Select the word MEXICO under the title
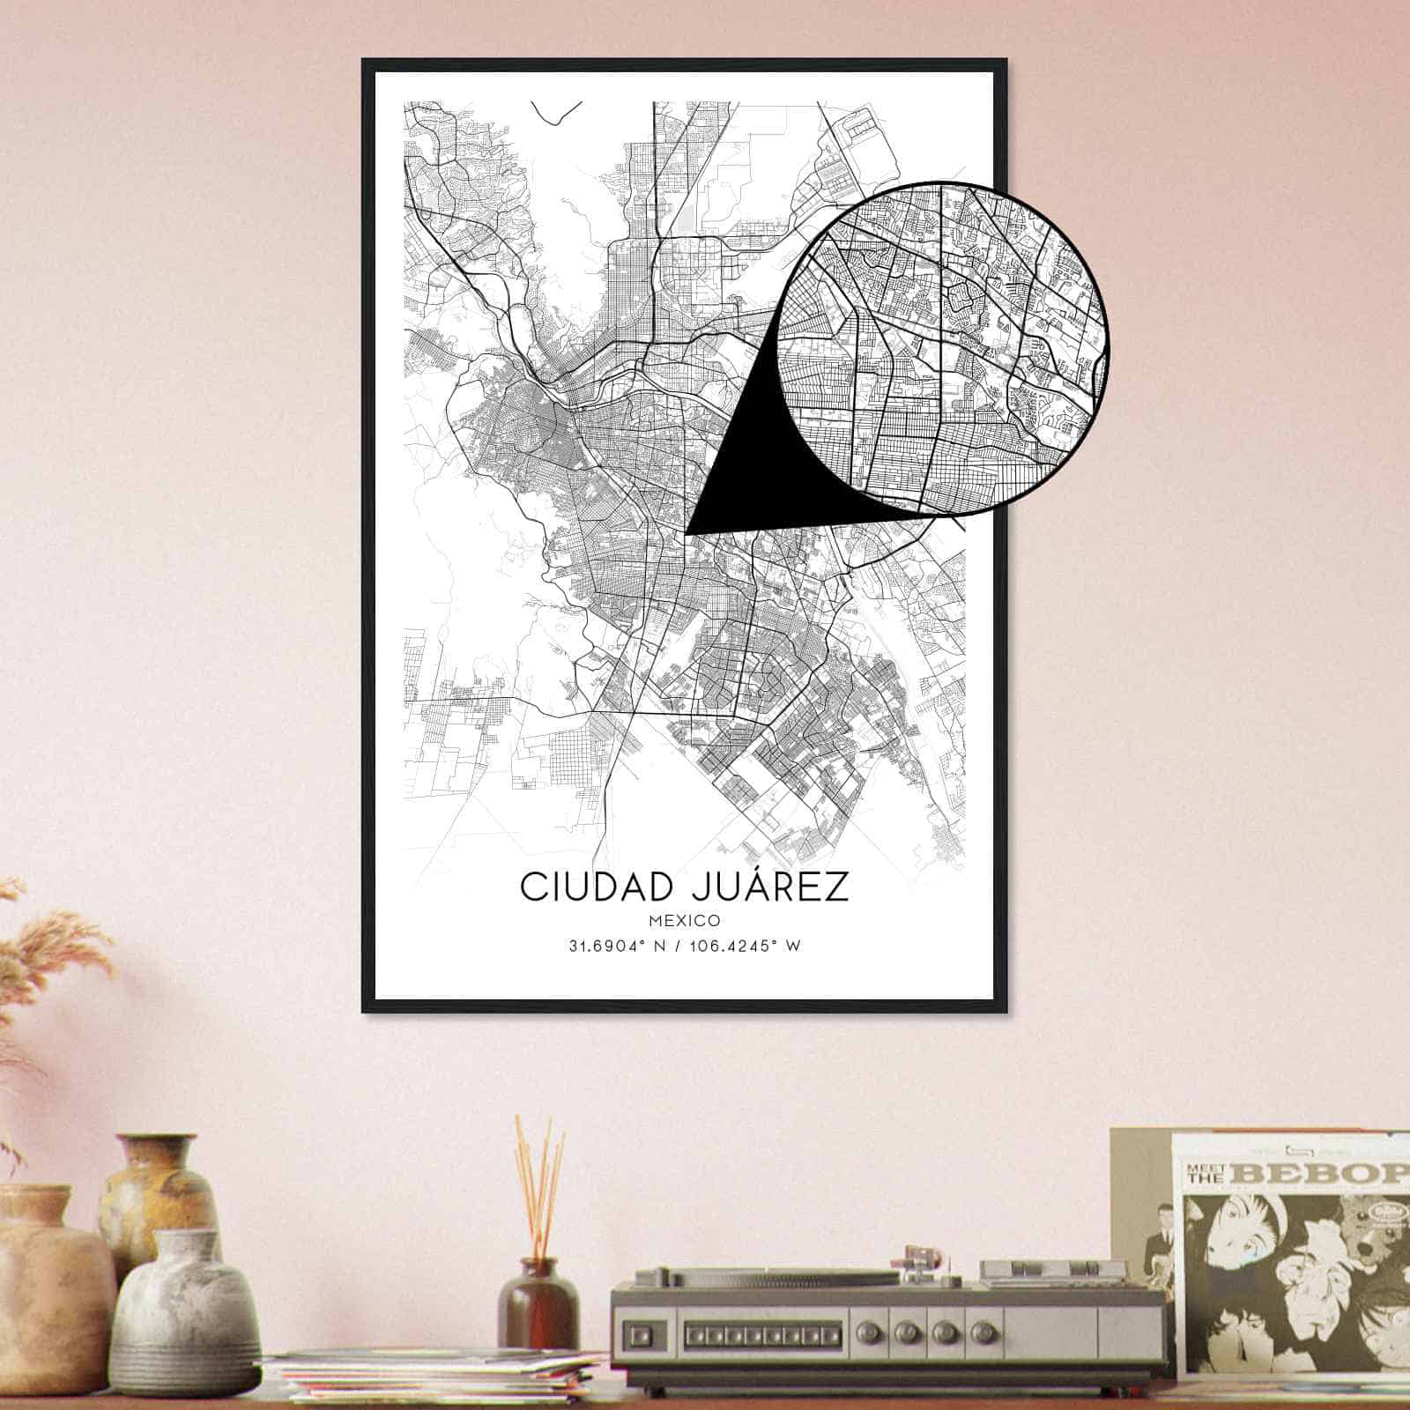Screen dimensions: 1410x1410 point(685,920)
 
